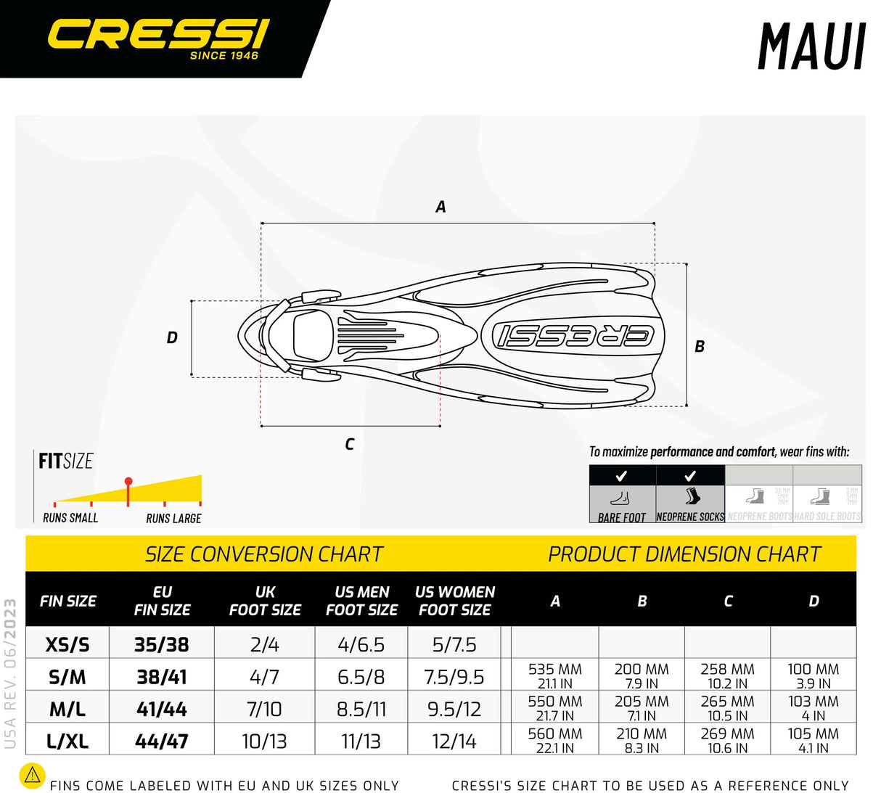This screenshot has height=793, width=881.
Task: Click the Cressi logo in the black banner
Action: point(157,36)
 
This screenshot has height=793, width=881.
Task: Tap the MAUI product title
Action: point(811,48)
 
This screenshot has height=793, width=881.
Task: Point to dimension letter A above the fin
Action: point(440,208)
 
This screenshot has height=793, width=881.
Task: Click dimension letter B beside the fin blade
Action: point(700,347)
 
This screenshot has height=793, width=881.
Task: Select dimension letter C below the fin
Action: point(350,444)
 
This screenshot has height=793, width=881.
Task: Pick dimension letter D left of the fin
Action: point(172,337)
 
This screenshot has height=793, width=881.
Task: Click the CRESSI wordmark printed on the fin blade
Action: point(573,335)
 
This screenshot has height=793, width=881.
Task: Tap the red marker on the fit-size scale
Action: point(128,482)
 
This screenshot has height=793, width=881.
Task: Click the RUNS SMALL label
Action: point(70,518)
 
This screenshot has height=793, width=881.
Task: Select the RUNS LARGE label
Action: point(173,518)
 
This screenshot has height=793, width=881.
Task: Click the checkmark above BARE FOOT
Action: point(621,476)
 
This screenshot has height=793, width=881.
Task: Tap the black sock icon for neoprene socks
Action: point(692,496)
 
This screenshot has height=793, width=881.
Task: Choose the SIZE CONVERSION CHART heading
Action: point(263,554)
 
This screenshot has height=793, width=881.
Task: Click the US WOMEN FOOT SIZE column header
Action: point(455,601)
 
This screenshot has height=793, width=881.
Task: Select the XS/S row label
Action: point(67,644)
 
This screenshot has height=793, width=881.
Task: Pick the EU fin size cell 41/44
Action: point(162,709)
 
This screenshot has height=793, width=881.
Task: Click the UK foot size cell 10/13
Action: point(264,741)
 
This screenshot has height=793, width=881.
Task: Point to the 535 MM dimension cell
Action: point(555,675)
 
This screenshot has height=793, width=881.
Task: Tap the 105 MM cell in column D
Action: point(813,739)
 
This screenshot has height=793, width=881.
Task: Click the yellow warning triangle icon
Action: point(32,776)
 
